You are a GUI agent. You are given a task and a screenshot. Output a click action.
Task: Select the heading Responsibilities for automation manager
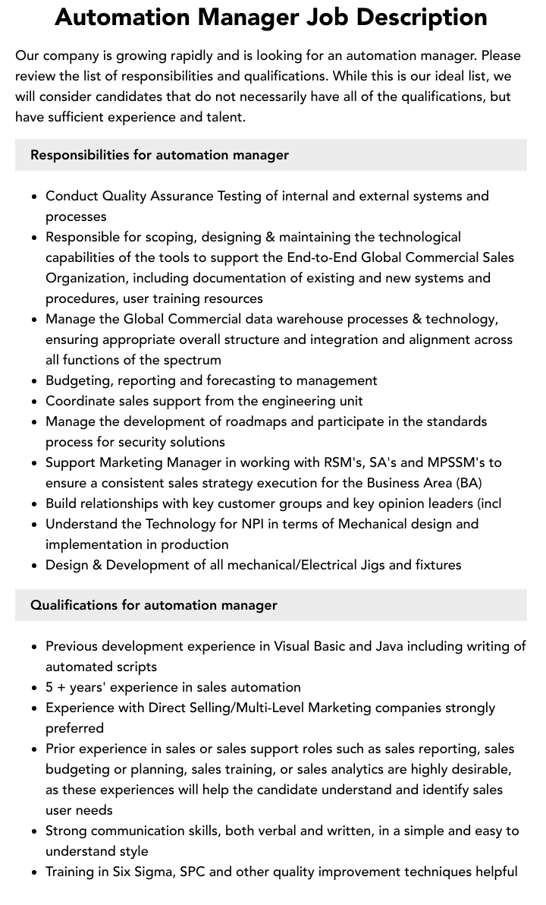tap(159, 155)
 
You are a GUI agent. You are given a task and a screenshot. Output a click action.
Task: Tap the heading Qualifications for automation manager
tap(154, 605)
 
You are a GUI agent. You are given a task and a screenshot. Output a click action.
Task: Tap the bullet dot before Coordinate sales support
tap(35, 402)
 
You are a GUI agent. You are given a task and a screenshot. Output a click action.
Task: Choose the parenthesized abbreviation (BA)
tap(469, 483)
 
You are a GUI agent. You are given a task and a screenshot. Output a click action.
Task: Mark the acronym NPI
tap(258, 524)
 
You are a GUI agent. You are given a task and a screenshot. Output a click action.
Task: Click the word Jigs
tap(372, 565)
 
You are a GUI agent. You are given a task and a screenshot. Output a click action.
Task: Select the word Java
tap(390, 646)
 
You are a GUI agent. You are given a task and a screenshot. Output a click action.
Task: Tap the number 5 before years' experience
tap(49, 687)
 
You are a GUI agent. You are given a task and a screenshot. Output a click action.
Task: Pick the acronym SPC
tap(193, 872)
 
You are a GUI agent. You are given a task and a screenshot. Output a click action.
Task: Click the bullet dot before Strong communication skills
tap(35, 831)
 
